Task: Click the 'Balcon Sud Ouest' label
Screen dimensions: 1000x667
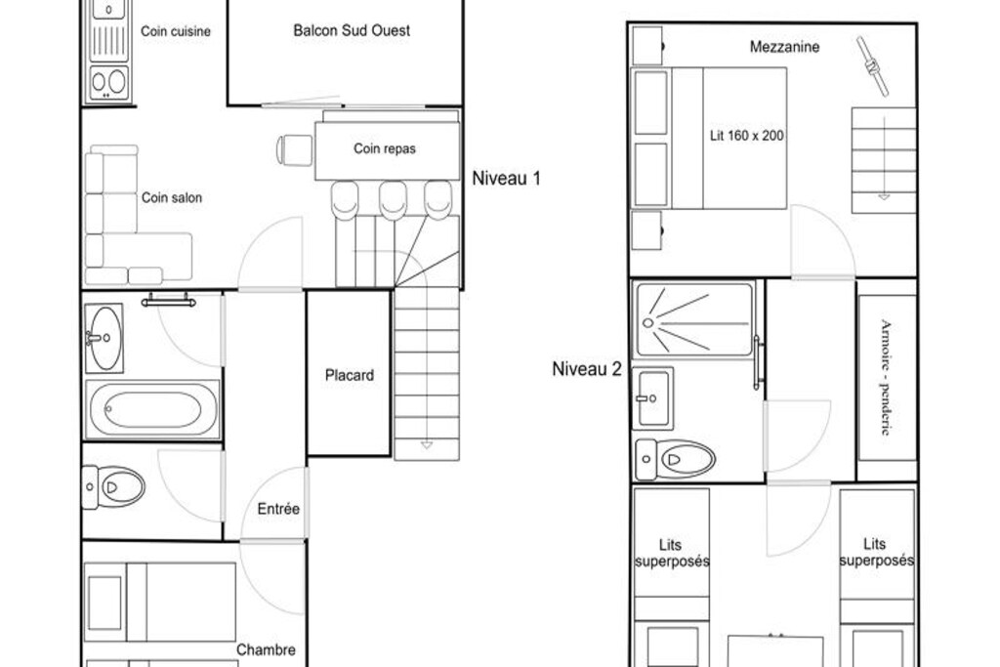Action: [352, 30]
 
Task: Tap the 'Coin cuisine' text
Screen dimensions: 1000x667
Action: [176, 31]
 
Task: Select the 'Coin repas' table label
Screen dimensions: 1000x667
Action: [385, 148]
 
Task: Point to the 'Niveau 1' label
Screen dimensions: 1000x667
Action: [507, 179]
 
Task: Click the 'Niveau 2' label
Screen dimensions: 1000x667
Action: [587, 368]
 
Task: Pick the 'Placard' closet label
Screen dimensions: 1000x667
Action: [350, 375]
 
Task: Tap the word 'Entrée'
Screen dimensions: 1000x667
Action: [278, 509]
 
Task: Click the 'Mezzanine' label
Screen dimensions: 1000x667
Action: [784, 47]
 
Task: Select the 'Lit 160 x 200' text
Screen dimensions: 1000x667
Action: [747, 135]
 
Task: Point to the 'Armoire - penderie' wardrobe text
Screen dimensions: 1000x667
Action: [885, 377]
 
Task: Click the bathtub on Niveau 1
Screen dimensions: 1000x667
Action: [152, 409]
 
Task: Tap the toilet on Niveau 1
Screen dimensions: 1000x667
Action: [113, 487]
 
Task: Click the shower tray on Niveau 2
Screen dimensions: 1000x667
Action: [694, 319]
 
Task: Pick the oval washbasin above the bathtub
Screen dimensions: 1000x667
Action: [104, 338]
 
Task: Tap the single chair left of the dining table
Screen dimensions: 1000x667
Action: [295, 150]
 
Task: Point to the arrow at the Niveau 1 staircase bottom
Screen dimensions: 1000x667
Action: [427, 445]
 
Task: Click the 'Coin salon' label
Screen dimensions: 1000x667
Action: [172, 197]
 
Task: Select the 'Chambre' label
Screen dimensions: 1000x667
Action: [266, 649]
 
